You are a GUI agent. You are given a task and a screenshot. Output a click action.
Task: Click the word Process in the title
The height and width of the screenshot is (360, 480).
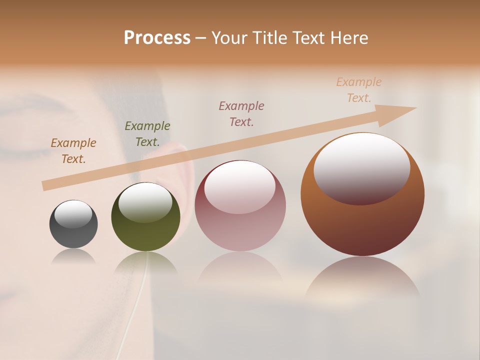[x=157, y=37]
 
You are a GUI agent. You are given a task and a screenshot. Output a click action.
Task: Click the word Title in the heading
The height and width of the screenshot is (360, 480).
[x=269, y=37]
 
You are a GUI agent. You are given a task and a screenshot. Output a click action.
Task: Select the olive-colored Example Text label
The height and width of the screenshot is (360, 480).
[x=147, y=134]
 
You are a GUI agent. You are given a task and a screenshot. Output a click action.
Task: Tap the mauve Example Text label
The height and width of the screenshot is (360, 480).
[x=241, y=113]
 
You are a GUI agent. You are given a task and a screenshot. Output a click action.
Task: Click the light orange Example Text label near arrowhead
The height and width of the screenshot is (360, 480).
[x=358, y=90]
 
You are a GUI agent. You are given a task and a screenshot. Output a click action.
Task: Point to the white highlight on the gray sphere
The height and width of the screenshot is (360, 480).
[x=73, y=214]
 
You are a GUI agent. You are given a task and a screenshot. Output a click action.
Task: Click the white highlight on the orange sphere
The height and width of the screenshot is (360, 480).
[x=361, y=167]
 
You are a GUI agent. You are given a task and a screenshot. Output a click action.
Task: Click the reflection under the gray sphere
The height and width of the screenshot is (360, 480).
[x=73, y=256]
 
